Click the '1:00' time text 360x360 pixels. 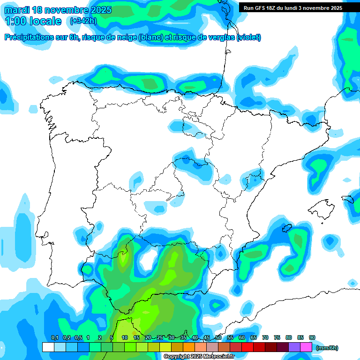pos(15,21)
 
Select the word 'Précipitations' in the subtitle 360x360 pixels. pos(28,37)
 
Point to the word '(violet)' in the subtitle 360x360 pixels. pos(249,37)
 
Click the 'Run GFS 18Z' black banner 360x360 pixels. pos(292,8)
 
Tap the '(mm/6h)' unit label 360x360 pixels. pos(327,348)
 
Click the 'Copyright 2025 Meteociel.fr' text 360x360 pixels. pos(199,357)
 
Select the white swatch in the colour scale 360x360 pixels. pos(48,347)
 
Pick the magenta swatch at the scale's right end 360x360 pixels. pos(306,347)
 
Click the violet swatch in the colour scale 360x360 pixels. pos(294,347)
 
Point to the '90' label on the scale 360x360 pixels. pos(312,338)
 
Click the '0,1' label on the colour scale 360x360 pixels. pos(54,338)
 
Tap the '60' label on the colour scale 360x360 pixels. pos(242,338)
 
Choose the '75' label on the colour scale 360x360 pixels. pos(277,338)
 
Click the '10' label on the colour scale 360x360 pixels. pos(125,338)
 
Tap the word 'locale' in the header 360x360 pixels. pos(45,21)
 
